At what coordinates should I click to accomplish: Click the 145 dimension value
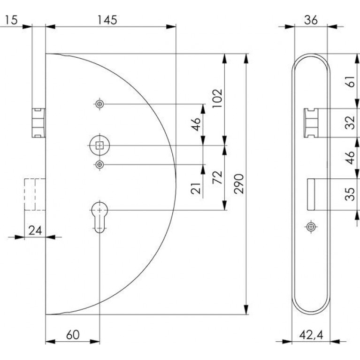pos(107,20)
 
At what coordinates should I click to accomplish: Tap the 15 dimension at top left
pos(11,20)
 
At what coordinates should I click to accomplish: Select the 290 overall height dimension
pos(239,184)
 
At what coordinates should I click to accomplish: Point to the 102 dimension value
pos(217,98)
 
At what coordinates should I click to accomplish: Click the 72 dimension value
pos(217,177)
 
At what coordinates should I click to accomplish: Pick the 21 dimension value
pos(196,188)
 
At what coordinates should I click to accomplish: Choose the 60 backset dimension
pos(73,335)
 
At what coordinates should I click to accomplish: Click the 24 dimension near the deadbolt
pos(35,230)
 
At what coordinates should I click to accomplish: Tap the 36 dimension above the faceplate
pos(311,20)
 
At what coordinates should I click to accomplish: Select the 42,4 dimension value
pos(311,336)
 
